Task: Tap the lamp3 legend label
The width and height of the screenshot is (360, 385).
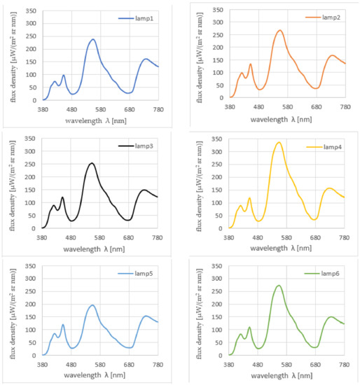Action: (144, 146)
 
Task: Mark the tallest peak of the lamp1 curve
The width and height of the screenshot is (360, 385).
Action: (92, 39)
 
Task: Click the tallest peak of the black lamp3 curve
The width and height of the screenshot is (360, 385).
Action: (92, 163)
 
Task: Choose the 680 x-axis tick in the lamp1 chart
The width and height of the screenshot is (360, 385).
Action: (129, 109)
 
